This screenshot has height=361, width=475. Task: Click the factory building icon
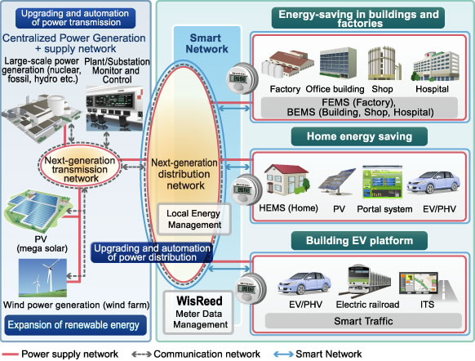click(x=287, y=64)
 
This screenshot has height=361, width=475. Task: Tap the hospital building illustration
click(x=435, y=66)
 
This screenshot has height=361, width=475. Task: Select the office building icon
click(x=338, y=63)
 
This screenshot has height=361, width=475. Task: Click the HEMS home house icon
click(x=287, y=179)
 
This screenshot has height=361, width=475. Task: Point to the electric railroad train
click(x=365, y=280)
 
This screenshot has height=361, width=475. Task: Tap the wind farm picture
click(x=42, y=278)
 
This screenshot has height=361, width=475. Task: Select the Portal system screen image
click(x=383, y=182)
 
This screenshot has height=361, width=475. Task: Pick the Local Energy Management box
click(x=194, y=219)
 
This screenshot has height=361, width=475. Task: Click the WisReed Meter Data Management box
click(x=198, y=312)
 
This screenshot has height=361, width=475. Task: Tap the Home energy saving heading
click(x=359, y=136)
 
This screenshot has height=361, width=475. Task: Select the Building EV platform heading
click(x=359, y=241)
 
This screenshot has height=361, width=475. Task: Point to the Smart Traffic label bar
click(x=363, y=321)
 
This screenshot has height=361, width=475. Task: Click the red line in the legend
click(x=10, y=354)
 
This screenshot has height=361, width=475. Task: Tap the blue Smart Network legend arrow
click(x=283, y=354)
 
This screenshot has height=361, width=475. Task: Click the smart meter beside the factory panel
click(x=242, y=78)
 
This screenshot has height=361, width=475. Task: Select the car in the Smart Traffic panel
click(x=304, y=283)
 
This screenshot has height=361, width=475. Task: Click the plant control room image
click(x=114, y=108)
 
